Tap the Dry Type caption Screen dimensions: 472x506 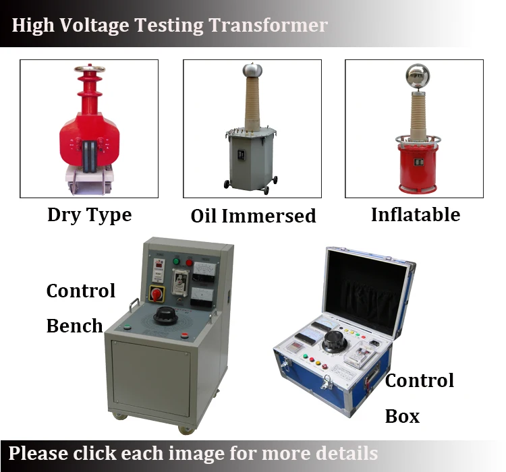click(x=89, y=215)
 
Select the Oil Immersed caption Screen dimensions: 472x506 click(x=253, y=216)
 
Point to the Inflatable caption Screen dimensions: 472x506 click(x=415, y=214)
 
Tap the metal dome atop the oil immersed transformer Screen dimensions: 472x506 click(x=252, y=69)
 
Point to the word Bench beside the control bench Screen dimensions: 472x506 click(x=74, y=326)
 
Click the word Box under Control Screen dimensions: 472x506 click(x=402, y=416)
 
